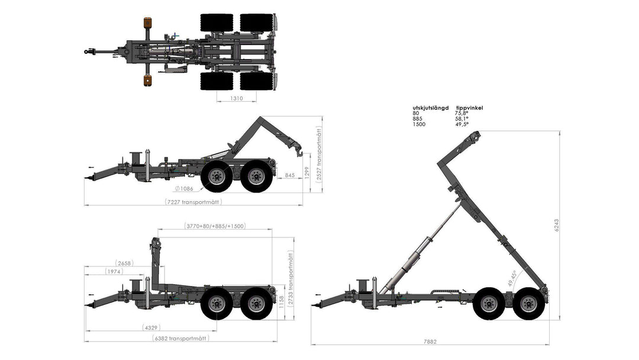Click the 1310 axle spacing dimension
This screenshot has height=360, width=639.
click(x=236, y=98)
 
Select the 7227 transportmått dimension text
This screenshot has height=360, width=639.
click(x=193, y=202)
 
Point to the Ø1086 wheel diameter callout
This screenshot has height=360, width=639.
click(x=184, y=188)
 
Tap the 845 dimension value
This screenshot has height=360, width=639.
click(x=290, y=175)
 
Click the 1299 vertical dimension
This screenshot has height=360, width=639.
click(x=307, y=172)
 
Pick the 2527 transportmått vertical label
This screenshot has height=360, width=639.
click(x=319, y=153)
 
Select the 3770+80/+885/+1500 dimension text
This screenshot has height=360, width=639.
click(x=215, y=226)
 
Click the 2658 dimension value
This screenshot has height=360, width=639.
click(x=124, y=263)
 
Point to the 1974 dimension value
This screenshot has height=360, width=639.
click(x=114, y=271)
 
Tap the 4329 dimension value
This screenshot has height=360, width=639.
click(x=151, y=327)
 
